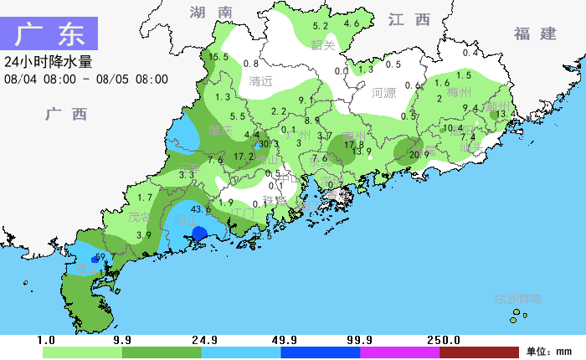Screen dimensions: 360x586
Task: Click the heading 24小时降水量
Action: [x=48, y=62]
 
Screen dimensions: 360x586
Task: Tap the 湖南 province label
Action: [x=211, y=13]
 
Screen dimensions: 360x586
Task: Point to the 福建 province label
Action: [x=536, y=33]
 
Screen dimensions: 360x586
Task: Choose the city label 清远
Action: [x=261, y=81]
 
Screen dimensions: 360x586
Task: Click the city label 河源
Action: [x=383, y=93]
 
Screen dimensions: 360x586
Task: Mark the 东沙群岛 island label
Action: [x=518, y=298]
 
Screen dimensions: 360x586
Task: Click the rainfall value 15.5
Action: [x=218, y=57]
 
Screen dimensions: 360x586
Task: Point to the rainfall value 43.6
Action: [x=201, y=208]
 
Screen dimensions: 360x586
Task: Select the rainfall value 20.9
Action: [x=419, y=154]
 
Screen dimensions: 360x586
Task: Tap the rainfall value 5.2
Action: [x=320, y=26]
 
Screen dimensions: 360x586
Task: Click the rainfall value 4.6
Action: [x=352, y=23]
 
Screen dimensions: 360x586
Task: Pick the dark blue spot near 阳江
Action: [x=199, y=234]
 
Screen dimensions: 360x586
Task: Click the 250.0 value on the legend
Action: [x=445, y=340]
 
